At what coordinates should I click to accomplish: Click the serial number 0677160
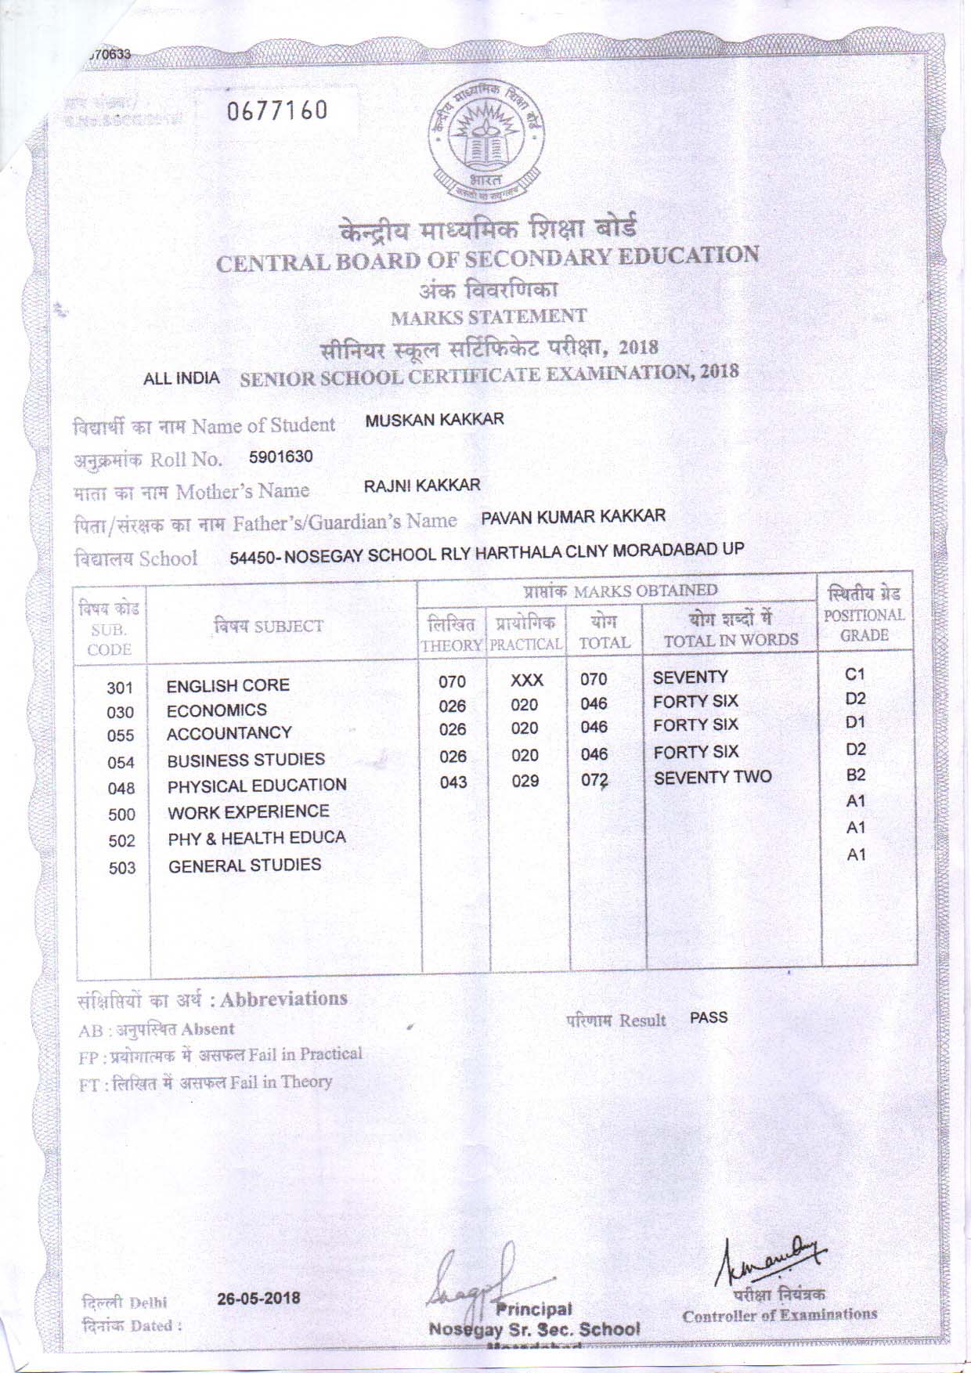277,112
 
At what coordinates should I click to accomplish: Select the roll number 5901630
281,457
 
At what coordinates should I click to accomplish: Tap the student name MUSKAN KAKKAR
435,419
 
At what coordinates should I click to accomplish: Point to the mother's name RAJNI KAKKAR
422,486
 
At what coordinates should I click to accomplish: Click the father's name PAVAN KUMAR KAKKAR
573,515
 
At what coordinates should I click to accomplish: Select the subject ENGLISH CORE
228,685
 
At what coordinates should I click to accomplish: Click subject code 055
121,736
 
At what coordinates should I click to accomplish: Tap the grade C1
855,674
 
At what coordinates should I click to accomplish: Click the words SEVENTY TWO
713,777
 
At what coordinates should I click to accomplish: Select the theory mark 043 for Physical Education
453,782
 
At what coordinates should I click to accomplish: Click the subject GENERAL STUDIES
245,865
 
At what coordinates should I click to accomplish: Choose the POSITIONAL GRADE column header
865,625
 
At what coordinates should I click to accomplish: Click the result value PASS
709,1017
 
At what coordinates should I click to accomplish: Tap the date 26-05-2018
258,1298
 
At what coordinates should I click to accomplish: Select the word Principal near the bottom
533,1310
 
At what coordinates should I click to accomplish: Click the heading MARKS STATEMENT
489,317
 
